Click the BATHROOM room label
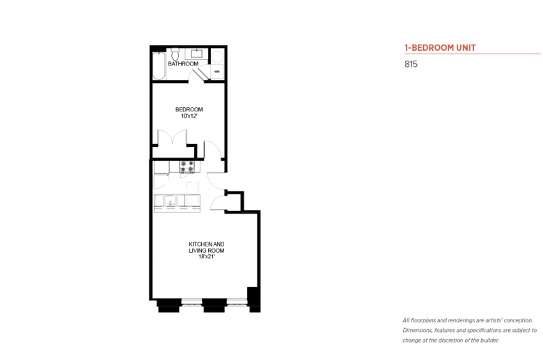[183, 64]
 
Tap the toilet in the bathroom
[175, 54]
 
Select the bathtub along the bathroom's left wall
[159, 66]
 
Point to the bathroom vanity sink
[196, 54]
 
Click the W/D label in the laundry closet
[217, 72]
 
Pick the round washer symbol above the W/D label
[217, 57]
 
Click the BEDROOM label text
[189, 109]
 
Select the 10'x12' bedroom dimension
[189, 116]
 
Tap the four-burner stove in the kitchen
[187, 166]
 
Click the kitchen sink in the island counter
[170, 201]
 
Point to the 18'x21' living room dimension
[207, 257]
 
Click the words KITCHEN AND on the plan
[207, 244]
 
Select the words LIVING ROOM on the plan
[207, 251]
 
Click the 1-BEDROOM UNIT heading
[440, 48]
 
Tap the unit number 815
[411, 64]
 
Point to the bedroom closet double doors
[173, 138]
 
